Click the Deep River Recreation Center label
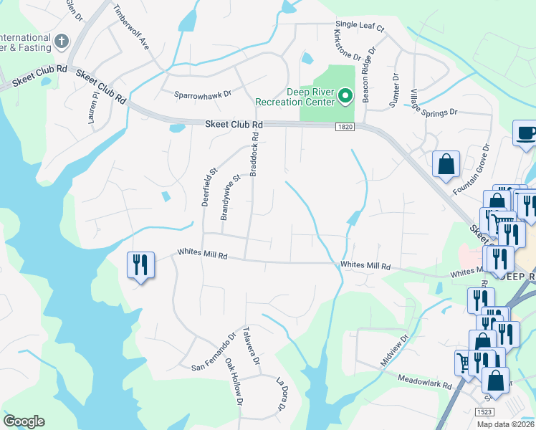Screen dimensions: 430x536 click(311, 97)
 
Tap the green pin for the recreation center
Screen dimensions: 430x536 click(345, 95)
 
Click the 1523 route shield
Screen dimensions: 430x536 click(485, 412)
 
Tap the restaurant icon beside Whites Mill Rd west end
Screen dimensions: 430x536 click(140, 266)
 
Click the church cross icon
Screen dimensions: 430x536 click(62, 42)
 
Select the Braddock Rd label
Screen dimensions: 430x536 click(254, 154)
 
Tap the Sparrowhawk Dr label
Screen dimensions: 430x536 click(204, 94)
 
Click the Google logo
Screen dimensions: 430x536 click(24, 421)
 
